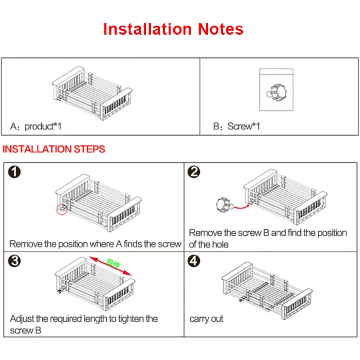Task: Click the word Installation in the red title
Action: (148, 29)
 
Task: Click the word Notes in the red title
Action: (220, 29)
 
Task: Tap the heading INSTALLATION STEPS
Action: (54, 149)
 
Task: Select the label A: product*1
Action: (36, 126)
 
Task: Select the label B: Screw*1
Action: (237, 126)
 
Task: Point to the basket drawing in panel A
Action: (92, 93)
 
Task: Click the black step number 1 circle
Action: (14, 172)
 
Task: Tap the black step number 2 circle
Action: (194, 172)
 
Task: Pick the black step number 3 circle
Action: (14, 261)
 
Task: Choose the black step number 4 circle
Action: (194, 261)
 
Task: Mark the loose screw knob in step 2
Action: (225, 205)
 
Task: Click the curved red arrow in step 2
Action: (242, 207)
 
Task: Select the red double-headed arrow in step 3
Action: (110, 266)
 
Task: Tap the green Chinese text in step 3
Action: (113, 263)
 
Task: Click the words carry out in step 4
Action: (207, 319)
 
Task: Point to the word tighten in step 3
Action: (131, 319)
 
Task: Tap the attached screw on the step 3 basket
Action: (60, 291)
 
